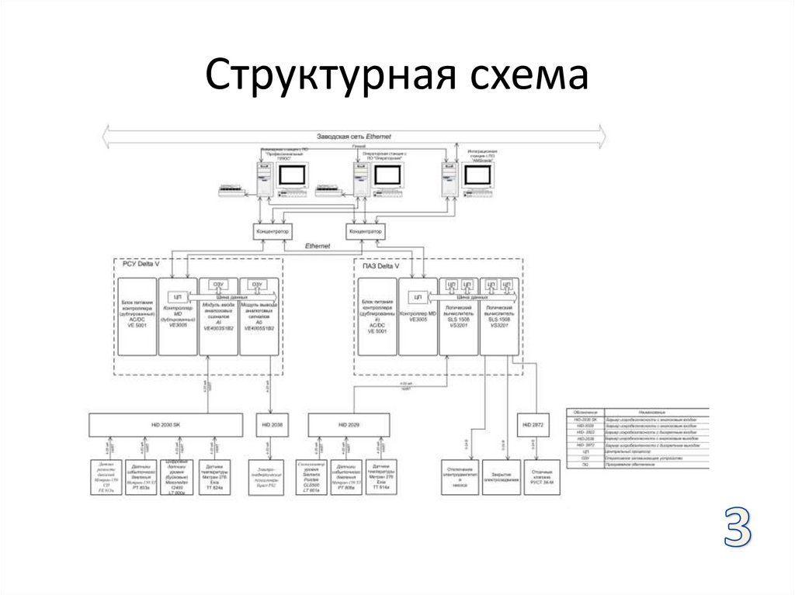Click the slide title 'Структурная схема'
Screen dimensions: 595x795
[397, 78]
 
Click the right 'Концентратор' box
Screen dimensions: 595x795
[366, 231]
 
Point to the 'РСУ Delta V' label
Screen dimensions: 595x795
[141, 265]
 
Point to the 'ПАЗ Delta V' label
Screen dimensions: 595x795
[381, 265]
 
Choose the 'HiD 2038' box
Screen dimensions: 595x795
[270, 425]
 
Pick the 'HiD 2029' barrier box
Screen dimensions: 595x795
[349, 425]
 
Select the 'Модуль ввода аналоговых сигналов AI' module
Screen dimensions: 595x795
[217, 317]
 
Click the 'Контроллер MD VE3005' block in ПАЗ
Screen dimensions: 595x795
[417, 317]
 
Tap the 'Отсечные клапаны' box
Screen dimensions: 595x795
[540, 474]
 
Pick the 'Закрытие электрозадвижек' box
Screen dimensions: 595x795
[500, 474]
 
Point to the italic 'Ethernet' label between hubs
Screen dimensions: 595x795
[318, 246]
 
